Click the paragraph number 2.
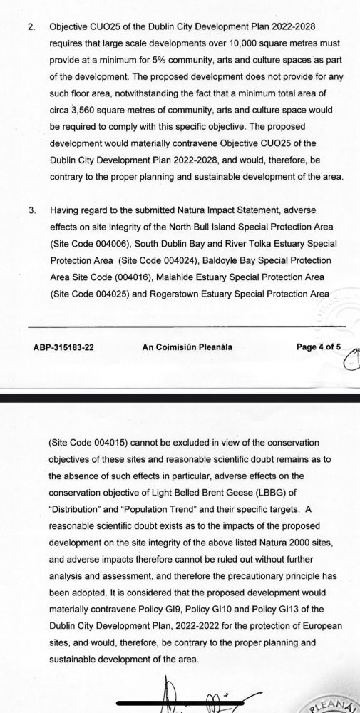pos(30,26)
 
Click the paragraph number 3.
pos(30,211)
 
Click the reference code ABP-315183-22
pos(63,347)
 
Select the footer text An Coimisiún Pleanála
pos(187,347)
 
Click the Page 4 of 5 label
pos(319,347)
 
